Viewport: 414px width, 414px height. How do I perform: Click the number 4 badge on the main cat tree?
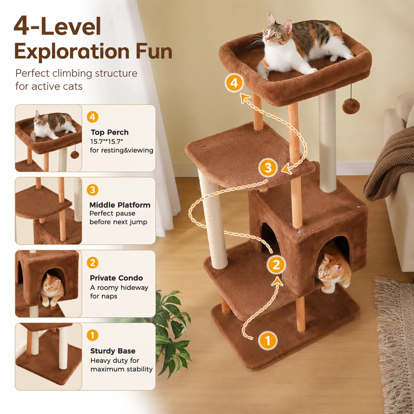coord(234,83)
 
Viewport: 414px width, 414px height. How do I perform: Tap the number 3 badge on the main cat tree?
coord(268,168)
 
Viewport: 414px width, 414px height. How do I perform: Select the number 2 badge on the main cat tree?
coord(276,265)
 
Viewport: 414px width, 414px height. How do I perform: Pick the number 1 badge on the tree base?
coord(268,341)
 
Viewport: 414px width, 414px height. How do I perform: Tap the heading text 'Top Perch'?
coord(110,132)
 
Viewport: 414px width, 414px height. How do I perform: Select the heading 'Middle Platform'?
coord(120,205)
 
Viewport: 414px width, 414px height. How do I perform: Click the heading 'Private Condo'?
coord(116,278)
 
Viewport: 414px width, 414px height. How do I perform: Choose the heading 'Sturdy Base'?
coord(113,351)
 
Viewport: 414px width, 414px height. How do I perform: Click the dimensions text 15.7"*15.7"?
coord(107,142)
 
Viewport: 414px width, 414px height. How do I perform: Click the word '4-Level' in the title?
coord(57,26)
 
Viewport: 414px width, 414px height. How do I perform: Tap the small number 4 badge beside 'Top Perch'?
coord(93,117)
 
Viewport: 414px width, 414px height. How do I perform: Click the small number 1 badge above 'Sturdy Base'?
coord(92,335)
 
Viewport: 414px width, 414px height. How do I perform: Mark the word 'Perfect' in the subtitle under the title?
coord(32,73)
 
